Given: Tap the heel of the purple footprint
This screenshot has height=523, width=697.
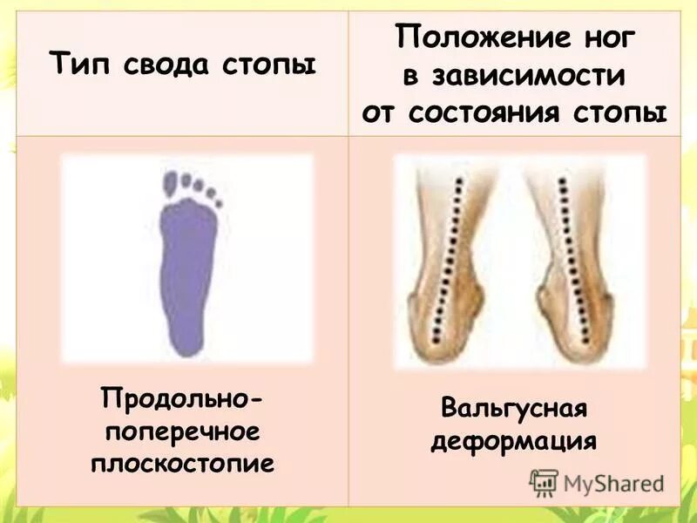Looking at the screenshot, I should pyautogui.click(x=184, y=336).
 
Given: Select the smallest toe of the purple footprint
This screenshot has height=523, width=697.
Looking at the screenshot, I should pyautogui.click(x=219, y=202).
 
